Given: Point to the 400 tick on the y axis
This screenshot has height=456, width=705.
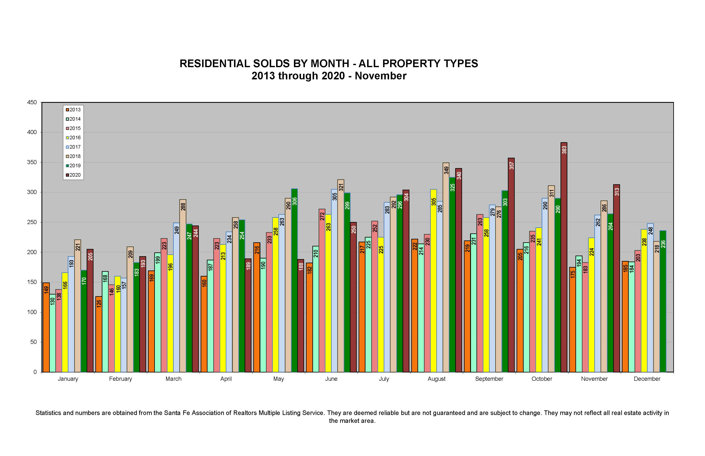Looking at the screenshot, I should click(x=32, y=132).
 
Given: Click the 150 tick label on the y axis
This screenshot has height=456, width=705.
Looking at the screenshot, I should click(x=32, y=282).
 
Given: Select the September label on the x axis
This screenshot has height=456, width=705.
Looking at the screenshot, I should click(x=489, y=379).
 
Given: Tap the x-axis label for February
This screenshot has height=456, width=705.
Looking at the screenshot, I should click(x=120, y=379).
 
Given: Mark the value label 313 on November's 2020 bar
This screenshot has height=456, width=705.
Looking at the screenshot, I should click(x=617, y=192).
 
